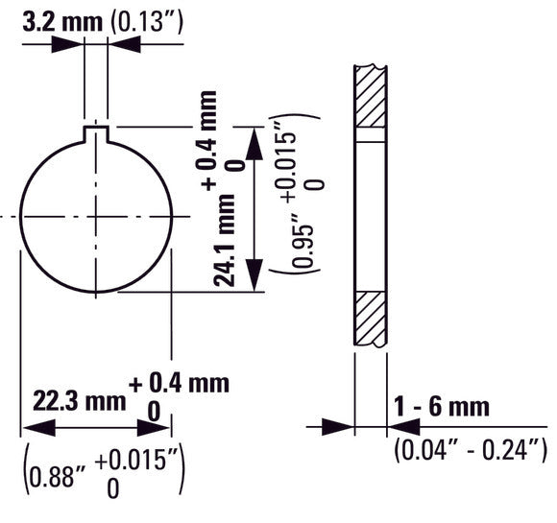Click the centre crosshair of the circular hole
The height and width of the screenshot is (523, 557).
(x=96, y=216)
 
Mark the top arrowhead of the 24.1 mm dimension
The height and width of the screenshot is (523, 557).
(x=254, y=138)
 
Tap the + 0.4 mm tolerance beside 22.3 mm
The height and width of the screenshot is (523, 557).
(x=180, y=384)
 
